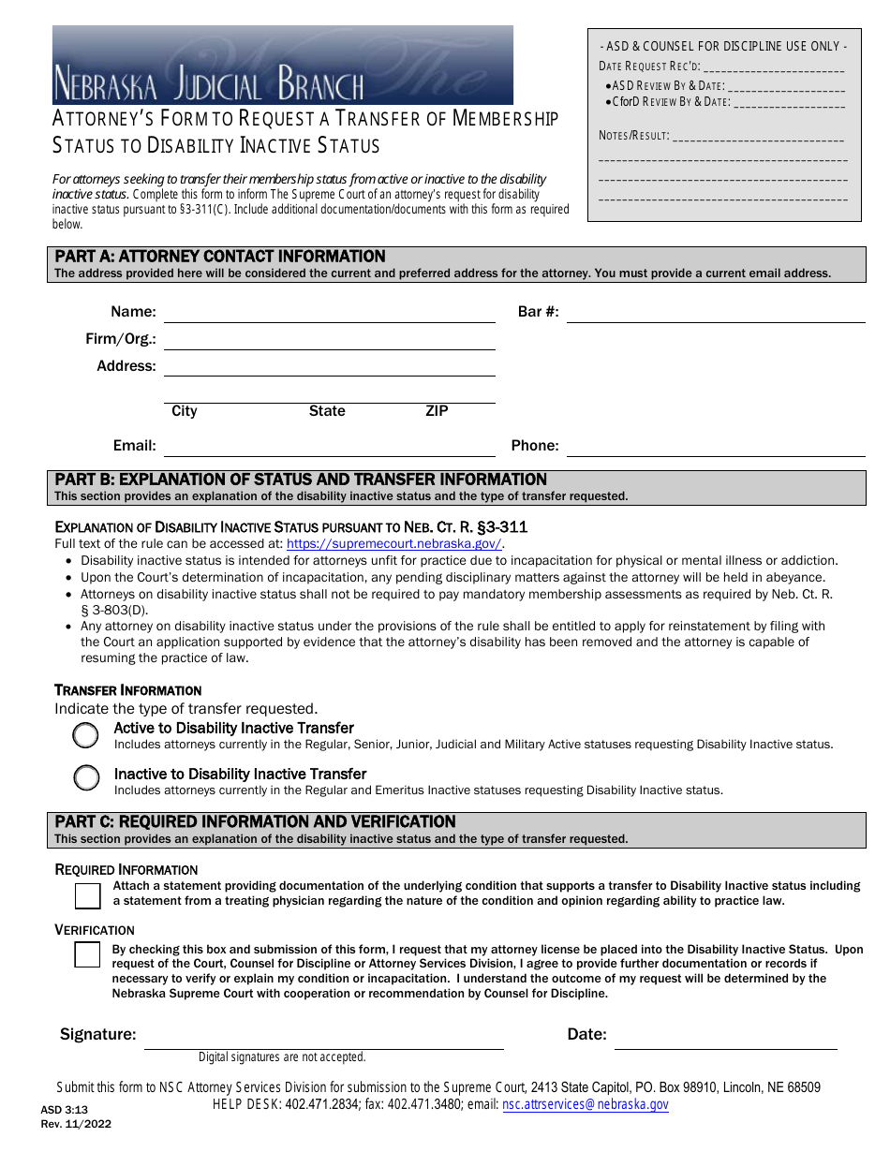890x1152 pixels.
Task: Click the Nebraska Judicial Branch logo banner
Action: [x=282, y=65]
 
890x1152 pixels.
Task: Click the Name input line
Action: [x=329, y=313]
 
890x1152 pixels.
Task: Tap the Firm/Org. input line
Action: [x=329, y=340]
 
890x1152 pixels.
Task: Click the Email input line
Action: [x=329, y=447]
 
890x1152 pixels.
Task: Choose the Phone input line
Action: [x=715, y=447]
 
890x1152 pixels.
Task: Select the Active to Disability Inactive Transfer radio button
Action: [x=85, y=735]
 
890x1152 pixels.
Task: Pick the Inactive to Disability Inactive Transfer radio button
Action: [x=86, y=777]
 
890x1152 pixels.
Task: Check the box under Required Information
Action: [x=88, y=896]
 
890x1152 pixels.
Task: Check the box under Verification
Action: [x=88, y=954]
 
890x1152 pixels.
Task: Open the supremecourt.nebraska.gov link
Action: [x=393, y=544]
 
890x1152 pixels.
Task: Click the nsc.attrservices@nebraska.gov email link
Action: [x=586, y=1105]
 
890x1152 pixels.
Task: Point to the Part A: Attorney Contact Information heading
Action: [x=220, y=257]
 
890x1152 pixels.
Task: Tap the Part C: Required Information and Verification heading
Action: [x=255, y=821]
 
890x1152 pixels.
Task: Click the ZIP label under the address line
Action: [x=437, y=411]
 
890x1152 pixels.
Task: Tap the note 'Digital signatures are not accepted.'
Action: [x=281, y=1057]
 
